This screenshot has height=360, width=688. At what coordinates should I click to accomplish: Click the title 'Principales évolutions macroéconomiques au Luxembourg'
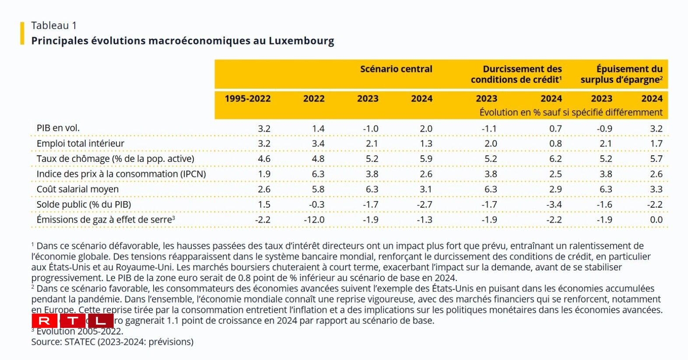183,41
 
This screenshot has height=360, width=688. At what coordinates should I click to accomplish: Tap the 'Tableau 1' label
54,25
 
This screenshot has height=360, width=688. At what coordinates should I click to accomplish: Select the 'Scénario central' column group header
396,69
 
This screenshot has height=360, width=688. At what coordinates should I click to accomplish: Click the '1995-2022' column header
247,98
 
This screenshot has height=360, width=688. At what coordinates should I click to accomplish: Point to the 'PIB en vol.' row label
58,128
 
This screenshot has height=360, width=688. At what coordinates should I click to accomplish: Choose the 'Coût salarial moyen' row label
77,189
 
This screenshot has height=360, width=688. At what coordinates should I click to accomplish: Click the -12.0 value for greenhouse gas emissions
314,220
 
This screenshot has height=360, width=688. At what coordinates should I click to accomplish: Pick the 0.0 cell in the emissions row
656,220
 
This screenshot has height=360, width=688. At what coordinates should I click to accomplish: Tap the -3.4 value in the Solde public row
554,204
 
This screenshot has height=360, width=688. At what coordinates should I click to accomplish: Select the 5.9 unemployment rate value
426,159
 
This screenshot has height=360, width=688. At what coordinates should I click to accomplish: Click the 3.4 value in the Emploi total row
318,143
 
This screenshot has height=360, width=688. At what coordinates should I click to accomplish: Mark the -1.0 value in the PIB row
370,129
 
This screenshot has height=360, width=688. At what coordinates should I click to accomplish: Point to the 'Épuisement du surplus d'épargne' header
621,74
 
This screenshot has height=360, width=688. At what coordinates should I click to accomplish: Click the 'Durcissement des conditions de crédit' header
516,74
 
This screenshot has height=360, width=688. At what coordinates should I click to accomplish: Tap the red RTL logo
73,321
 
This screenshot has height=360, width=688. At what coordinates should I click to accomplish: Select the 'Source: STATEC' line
112,342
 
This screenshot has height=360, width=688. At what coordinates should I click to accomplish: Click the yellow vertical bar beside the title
22,33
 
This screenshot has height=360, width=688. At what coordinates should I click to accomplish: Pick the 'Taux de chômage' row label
115,159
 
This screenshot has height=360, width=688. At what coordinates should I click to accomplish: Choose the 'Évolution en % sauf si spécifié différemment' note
571,112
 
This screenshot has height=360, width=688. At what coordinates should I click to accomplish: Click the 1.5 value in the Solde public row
264,204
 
